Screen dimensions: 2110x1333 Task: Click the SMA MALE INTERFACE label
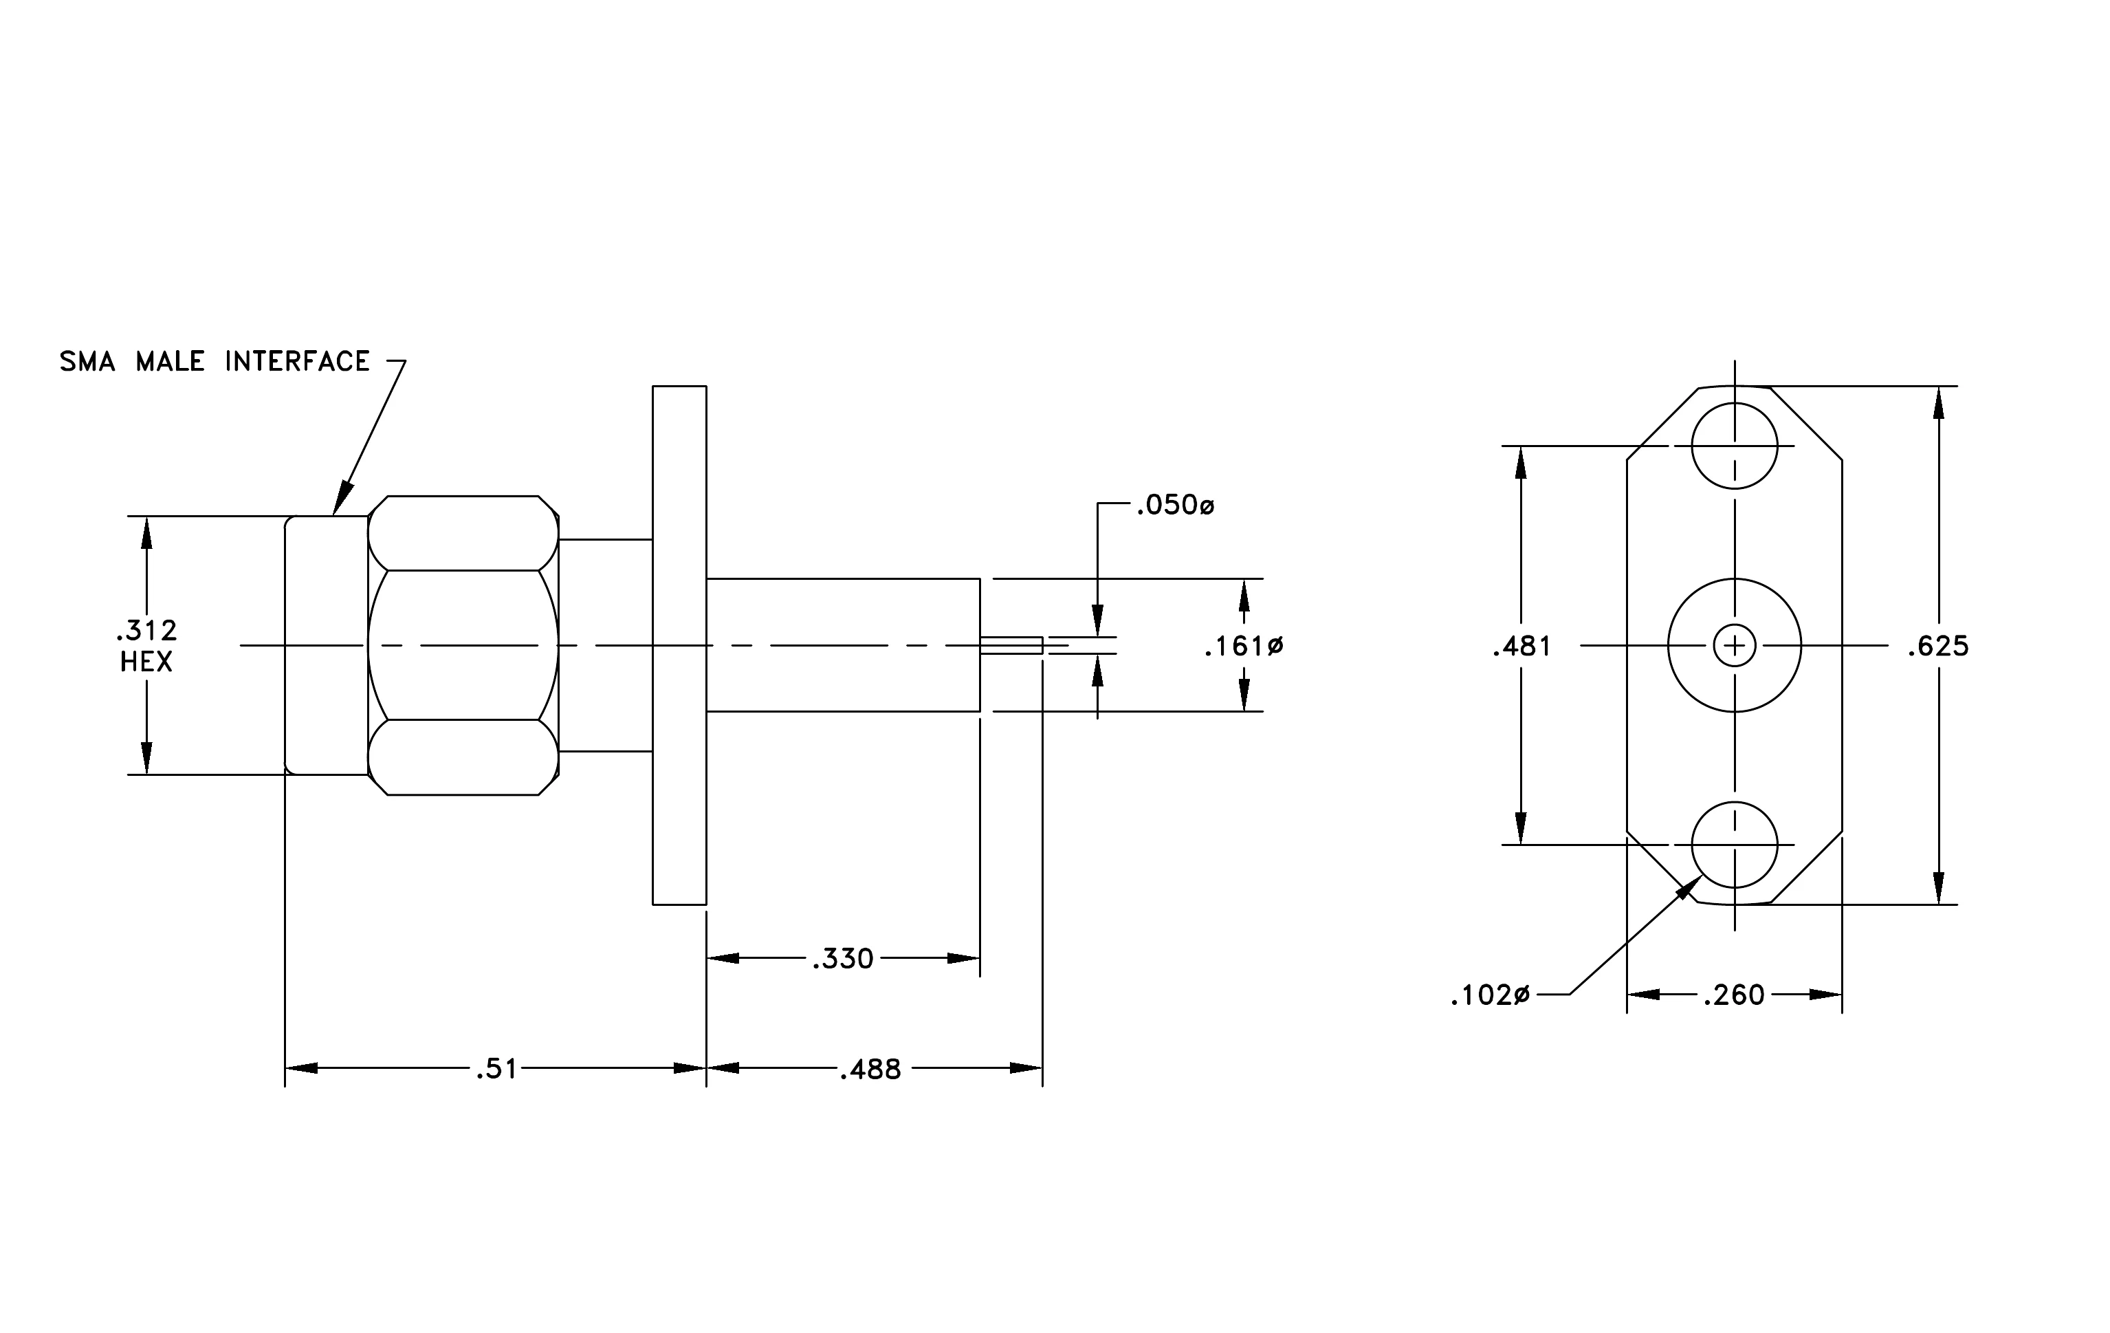[215, 361]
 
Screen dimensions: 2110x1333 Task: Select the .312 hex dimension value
[146, 630]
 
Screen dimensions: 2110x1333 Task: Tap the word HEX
[146, 662]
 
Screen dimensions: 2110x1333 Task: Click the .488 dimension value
[870, 1069]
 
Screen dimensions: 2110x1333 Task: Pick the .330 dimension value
[843, 959]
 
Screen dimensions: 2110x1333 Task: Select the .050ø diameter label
[1175, 505]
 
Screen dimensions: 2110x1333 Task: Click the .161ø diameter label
[1244, 647]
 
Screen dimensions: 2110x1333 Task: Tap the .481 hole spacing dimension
[1522, 647]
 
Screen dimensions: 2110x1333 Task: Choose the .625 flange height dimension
[1938, 647]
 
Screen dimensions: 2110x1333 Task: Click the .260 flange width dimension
[1734, 995]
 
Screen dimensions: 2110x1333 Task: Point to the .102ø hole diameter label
[1490, 995]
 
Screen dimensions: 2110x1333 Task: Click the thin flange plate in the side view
[679, 645]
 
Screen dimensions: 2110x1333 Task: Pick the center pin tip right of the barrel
[1011, 645]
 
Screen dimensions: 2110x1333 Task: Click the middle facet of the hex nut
[463, 645]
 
